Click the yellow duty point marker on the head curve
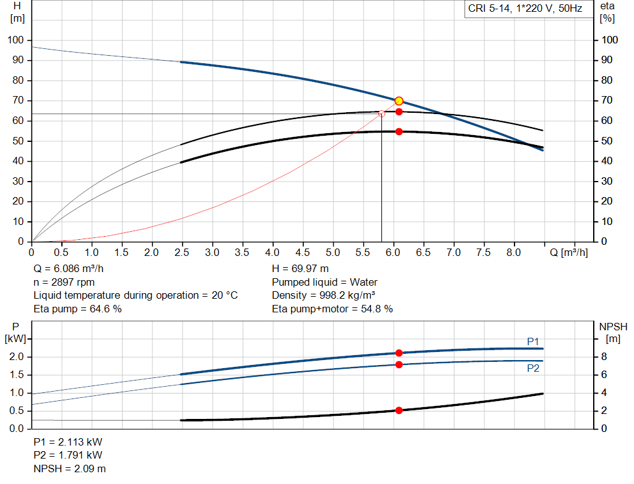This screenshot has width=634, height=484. pos(399,101)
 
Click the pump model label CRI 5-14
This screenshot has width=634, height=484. pos(524,10)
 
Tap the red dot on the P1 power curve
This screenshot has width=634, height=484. pos(399,353)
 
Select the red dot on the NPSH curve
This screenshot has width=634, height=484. pos(399,410)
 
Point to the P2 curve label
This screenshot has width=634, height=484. pos(533,368)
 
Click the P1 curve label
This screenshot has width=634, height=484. pos(533,341)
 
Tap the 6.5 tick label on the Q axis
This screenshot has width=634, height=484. pos(423,253)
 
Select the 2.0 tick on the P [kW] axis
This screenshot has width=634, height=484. pos(17,357)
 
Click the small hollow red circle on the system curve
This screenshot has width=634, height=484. pos(381,114)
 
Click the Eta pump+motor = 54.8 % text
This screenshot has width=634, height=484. pos(332,309)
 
